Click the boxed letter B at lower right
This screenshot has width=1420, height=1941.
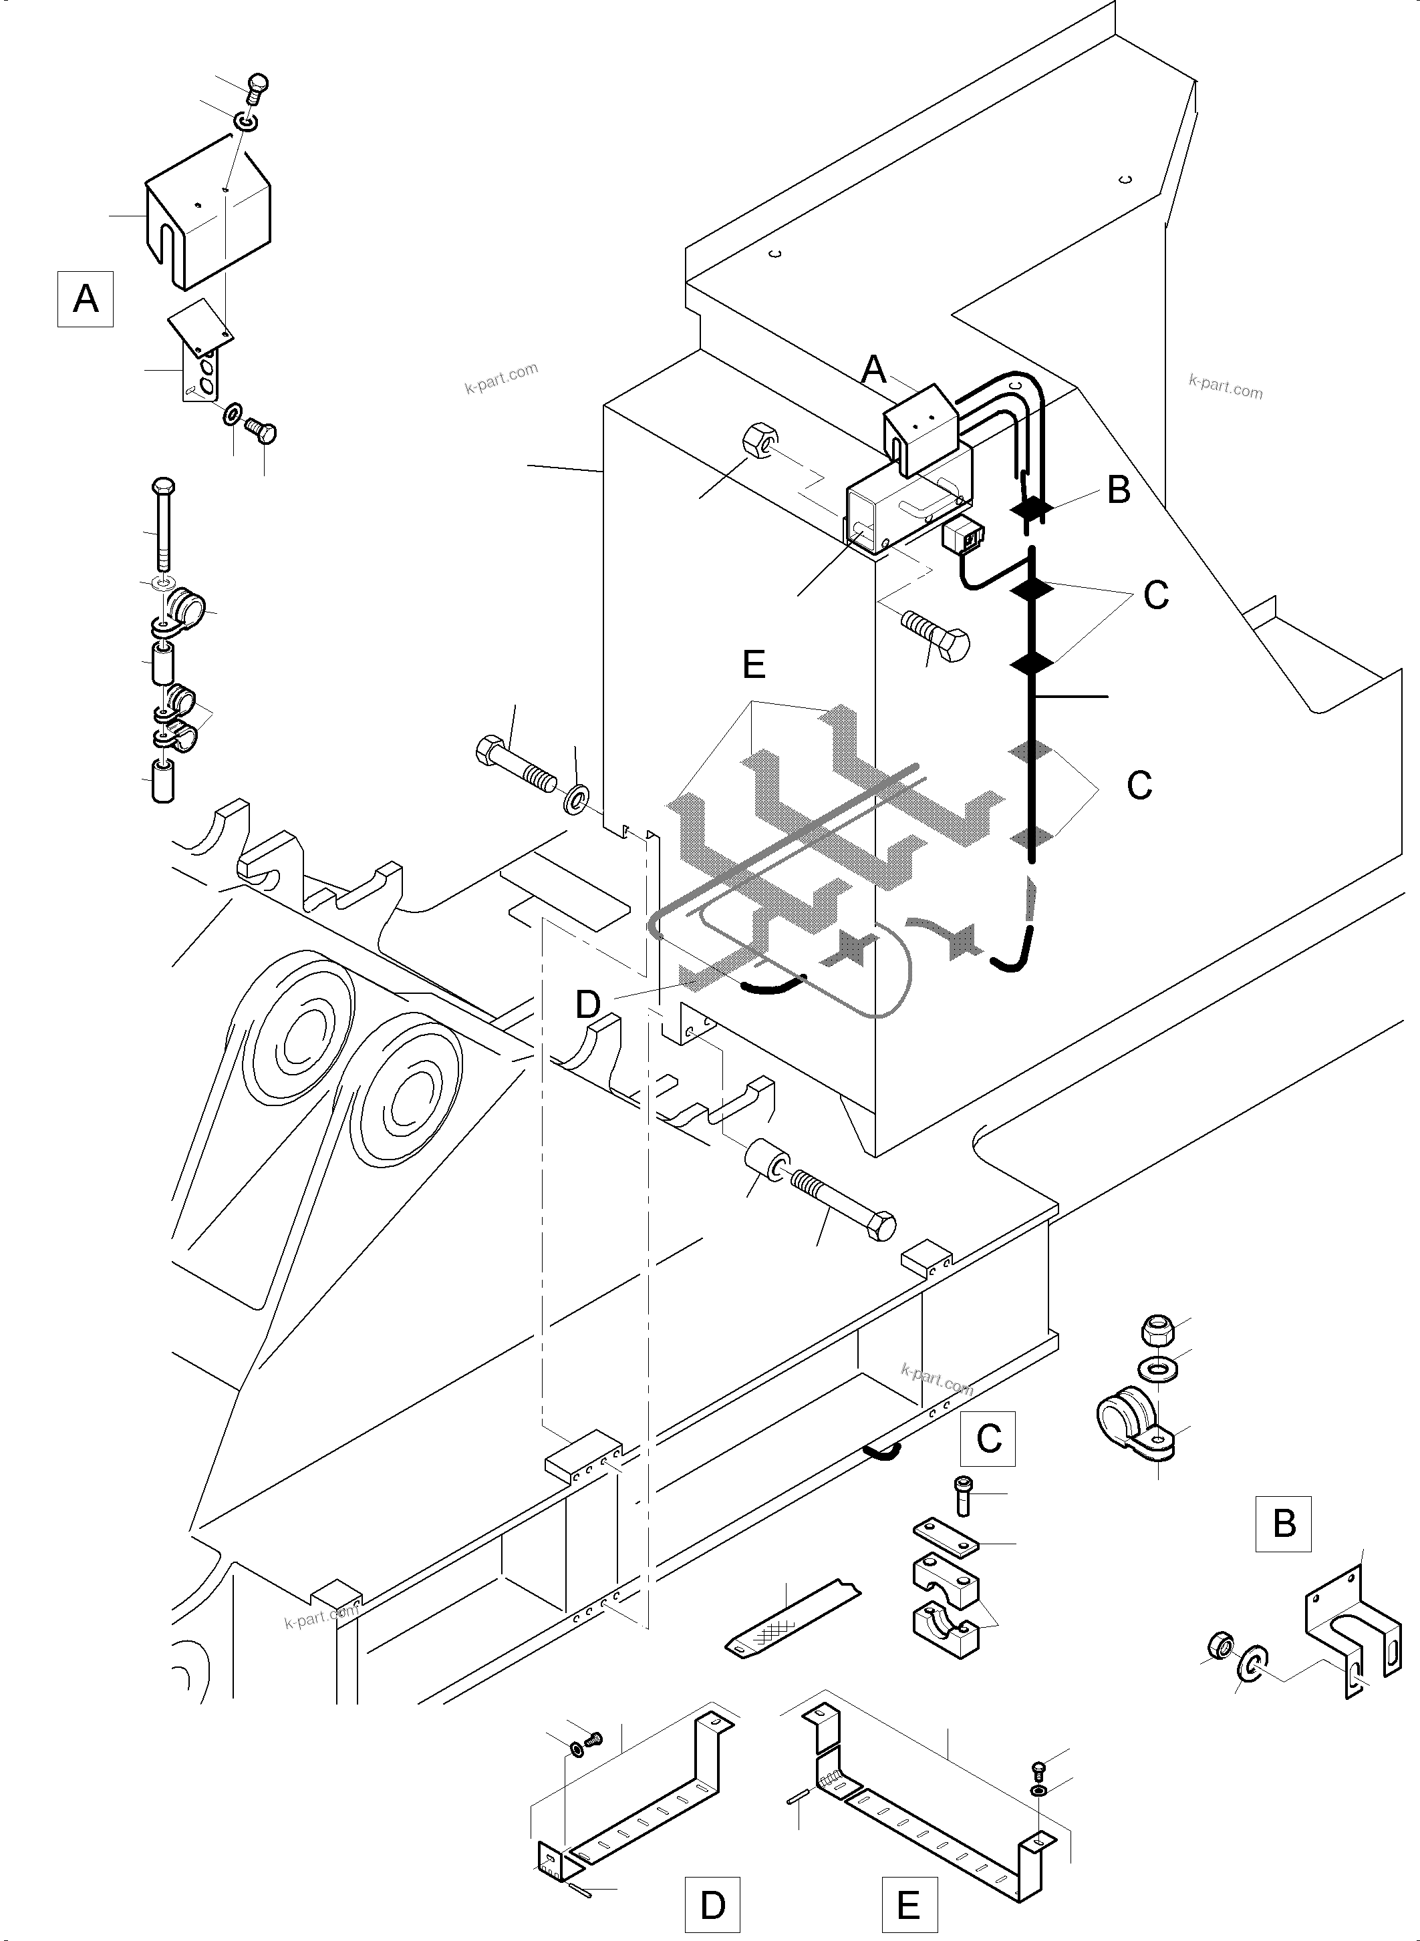tap(1283, 1524)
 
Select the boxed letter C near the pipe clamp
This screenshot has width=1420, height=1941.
tap(988, 1437)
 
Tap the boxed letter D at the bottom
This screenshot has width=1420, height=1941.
tap(712, 1905)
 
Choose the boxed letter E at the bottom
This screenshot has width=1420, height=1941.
tap(909, 1905)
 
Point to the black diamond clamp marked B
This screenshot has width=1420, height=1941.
tap(1030, 510)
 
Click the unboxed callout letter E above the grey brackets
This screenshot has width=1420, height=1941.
tap(753, 664)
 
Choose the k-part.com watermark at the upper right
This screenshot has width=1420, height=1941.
tap(1225, 387)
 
